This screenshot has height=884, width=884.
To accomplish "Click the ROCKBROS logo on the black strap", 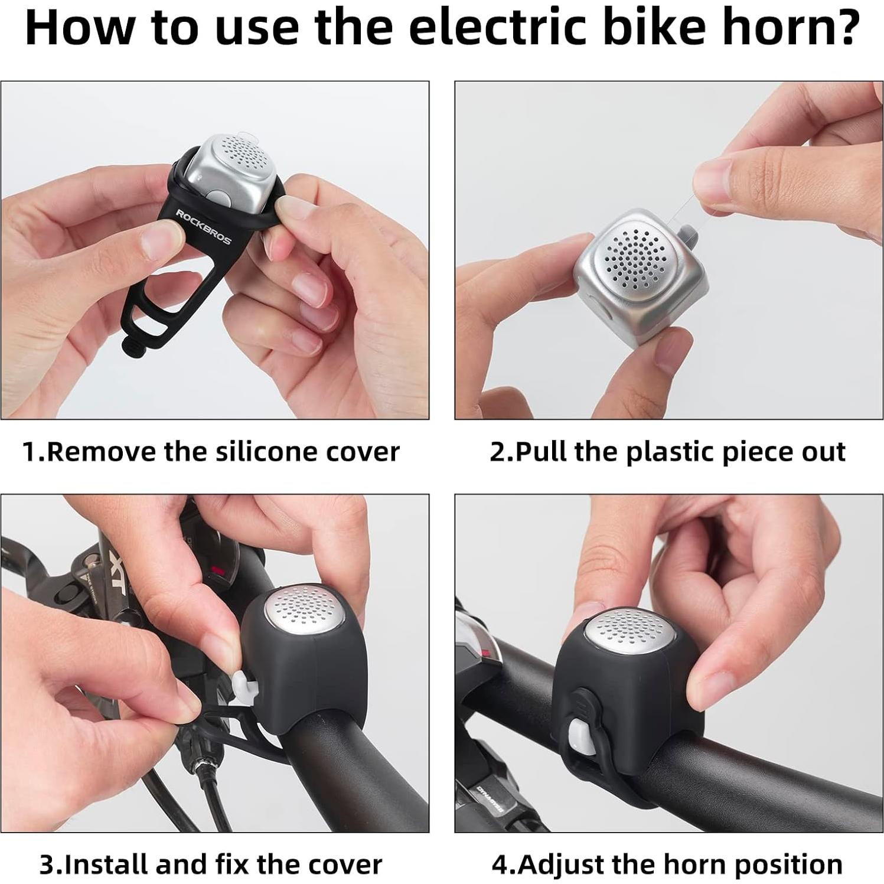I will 204,226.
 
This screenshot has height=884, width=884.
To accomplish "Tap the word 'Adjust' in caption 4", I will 558,865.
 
